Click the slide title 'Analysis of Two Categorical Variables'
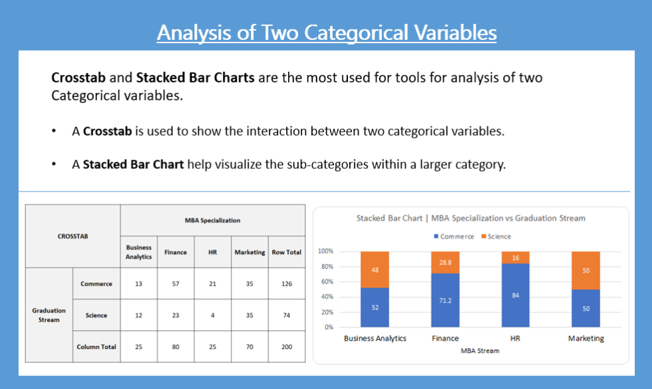click(x=326, y=32)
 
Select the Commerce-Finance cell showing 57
click(x=176, y=284)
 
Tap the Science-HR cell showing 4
click(x=212, y=315)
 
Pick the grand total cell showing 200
click(x=286, y=346)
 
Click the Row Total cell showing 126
click(x=286, y=284)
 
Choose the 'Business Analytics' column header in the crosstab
click(x=138, y=252)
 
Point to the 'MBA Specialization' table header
click(x=212, y=220)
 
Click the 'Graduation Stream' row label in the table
click(x=49, y=315)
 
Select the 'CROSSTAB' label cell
click(x=73, y=236)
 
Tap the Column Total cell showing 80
click(x=176, y=346)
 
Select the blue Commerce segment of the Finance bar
click(x=445, y=300)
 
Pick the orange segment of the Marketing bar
click(x=586, y=271)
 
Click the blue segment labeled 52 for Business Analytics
click(x=375, y=307)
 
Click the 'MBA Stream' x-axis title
click(x=479, y=350)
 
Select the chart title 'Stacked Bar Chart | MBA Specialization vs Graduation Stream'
click(x=470, y=218)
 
